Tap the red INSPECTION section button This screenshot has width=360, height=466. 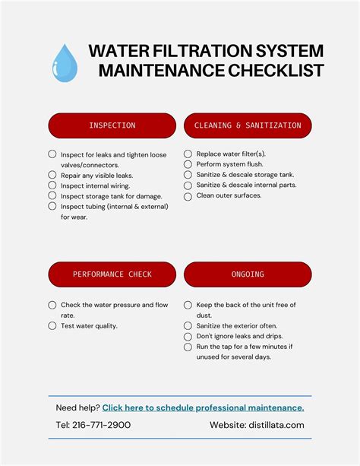pos(112,125)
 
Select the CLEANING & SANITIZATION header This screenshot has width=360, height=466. pos(248,125)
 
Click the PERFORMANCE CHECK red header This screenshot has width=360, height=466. pos(112,274)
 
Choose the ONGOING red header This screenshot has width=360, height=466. pos(248,274)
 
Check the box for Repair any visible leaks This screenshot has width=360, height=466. pos(52,175)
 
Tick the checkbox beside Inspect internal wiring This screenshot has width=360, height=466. pos(52,185)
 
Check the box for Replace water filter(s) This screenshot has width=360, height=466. pos(188,154)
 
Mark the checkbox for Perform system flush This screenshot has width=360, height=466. pos(188,164)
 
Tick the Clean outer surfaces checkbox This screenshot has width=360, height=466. pos(188,195)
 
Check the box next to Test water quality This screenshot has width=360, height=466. pos(52,325)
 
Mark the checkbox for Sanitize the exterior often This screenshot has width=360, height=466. pos(188,325)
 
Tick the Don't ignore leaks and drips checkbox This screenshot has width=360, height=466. pos(188,336)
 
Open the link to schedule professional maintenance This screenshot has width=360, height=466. pos(203,407)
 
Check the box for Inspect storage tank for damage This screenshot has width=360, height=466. pos(52,196)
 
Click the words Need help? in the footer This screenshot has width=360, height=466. pos(77,407)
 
